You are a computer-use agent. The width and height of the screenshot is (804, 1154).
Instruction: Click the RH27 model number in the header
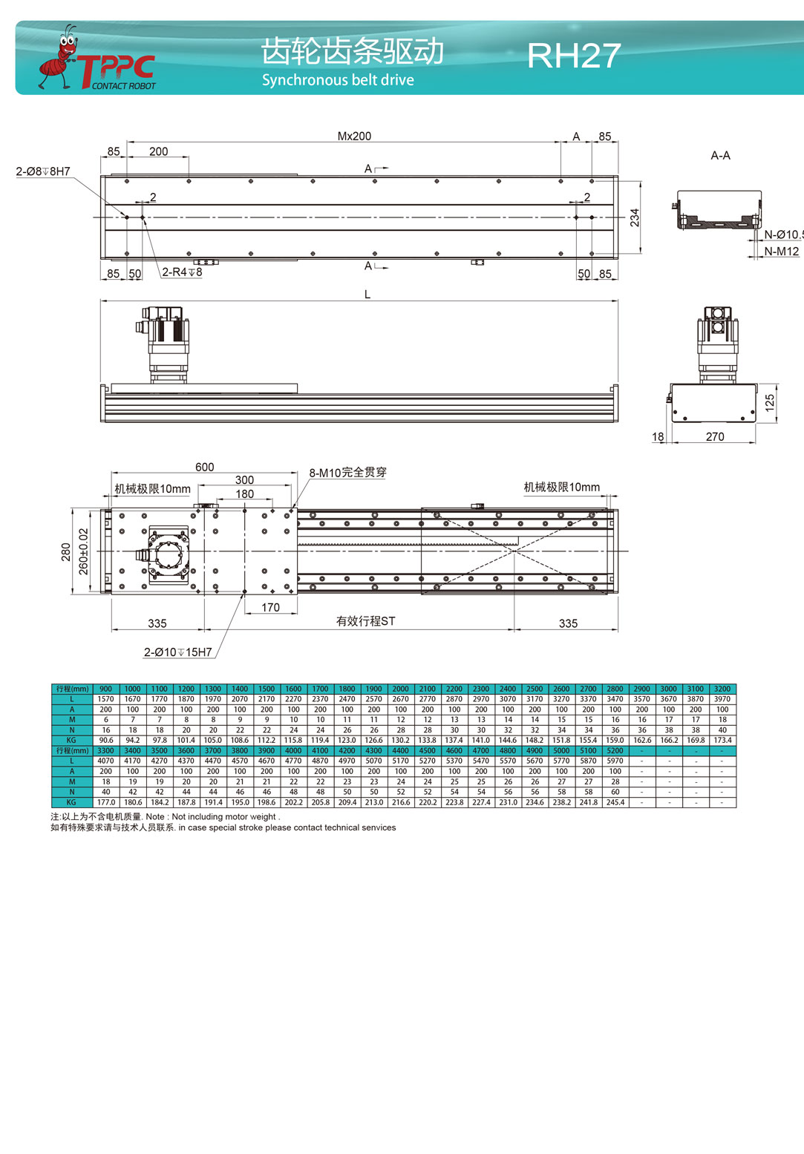(x=574, y=55)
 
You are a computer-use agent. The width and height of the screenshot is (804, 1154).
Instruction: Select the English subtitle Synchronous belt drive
(x=338, y=80)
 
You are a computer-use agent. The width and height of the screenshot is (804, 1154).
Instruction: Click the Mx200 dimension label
(x=354, y=136)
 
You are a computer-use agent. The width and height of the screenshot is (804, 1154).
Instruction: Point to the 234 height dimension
(x=635, y=217)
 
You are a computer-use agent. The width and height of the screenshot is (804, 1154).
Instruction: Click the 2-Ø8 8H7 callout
(x=43, y=171)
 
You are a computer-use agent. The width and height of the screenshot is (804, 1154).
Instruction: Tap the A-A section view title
(x=720, y=156)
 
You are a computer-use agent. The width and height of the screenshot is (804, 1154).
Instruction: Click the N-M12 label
(x=781, y=252)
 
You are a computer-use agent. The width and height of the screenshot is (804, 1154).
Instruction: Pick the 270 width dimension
(x=715, y=437)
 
